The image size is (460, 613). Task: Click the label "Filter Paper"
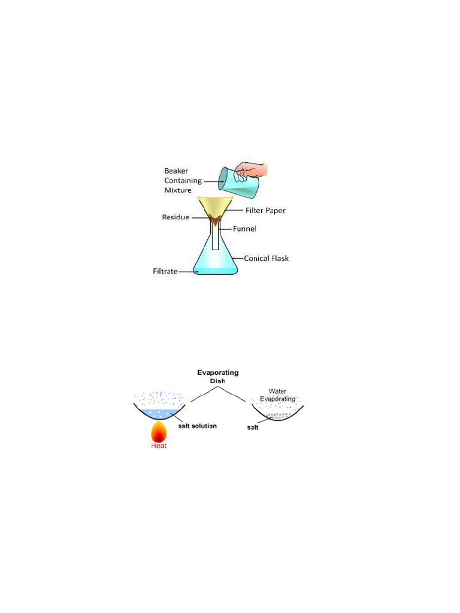265,210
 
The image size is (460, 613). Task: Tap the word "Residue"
175,217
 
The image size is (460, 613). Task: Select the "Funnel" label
244,229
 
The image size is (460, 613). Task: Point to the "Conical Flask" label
267,259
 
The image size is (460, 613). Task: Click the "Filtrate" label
165,271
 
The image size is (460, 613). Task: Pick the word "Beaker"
176,171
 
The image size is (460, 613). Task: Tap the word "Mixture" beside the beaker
178,190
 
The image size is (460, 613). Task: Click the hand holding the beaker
252,171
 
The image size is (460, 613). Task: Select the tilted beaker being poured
238,183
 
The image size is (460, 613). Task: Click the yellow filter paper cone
216,206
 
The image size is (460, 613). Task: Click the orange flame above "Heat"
159,432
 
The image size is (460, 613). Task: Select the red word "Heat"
159,445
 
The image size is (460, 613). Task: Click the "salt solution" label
198,426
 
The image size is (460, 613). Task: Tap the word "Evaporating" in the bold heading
218,373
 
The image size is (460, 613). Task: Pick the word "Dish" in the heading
218,381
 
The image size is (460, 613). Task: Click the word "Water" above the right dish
277,392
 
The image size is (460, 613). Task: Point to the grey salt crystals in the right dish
279,416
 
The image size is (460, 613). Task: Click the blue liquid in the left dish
159,414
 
